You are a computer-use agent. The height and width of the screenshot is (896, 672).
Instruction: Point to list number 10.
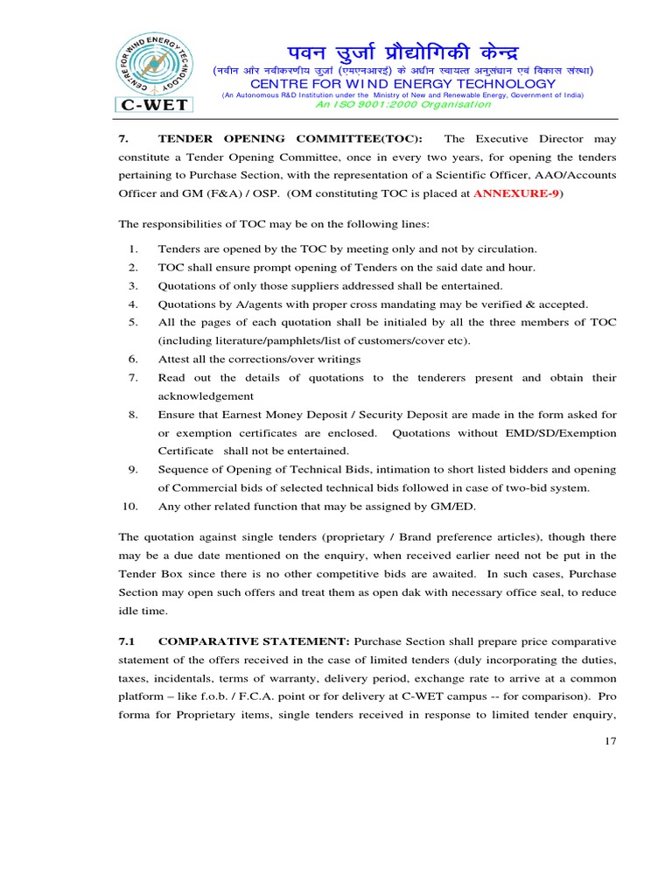[130, 507]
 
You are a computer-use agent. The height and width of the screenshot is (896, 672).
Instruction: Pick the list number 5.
[133, 323]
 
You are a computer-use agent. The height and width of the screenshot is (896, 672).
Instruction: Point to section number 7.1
[128, 641]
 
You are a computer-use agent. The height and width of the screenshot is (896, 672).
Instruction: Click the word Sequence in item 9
[181, 470]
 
